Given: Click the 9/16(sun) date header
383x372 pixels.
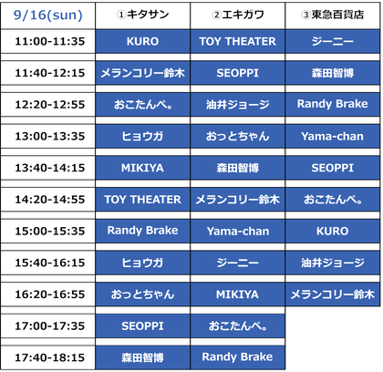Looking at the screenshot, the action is click(x=48, y=15).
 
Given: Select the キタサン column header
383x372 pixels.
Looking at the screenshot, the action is click(x=143, y=15).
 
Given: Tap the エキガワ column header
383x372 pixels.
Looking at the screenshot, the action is click(x=238, y=15).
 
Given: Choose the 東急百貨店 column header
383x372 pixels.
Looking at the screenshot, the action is click(x=333, y=15).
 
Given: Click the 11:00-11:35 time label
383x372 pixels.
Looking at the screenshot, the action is click(x=50, y=41).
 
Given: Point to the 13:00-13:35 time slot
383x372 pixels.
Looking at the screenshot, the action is click(x=50, y=136).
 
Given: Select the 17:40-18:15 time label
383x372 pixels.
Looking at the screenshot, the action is click(x=50, y=357).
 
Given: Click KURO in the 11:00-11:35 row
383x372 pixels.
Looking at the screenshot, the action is click(x=142, y=41).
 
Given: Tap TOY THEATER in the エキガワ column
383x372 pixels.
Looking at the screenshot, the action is click(x=237, y=41).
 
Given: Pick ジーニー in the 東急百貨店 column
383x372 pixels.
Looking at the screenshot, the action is click(x=333, y=41).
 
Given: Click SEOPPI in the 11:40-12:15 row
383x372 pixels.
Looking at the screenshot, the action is click(x=237, y=73).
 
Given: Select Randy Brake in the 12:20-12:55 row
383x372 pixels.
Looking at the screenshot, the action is click(x=333, y=104).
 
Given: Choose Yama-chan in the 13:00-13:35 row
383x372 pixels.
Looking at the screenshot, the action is click(x=333, y=136).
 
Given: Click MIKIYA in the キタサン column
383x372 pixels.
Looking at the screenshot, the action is click(x=142, y=168).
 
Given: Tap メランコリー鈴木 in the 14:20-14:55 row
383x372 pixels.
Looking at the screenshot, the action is click(x=237, y=200).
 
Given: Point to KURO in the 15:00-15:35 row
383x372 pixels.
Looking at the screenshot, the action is click(x=333, y=231).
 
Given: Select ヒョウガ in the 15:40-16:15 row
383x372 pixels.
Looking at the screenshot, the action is click(x=142, y=263).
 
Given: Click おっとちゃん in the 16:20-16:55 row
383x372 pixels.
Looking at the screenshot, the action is click(x=142, y=294).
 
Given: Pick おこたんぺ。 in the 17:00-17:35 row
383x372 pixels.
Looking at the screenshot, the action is click(x=237, y=325).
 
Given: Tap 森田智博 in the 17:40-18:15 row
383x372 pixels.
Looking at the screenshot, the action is click(x=142, y=357).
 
